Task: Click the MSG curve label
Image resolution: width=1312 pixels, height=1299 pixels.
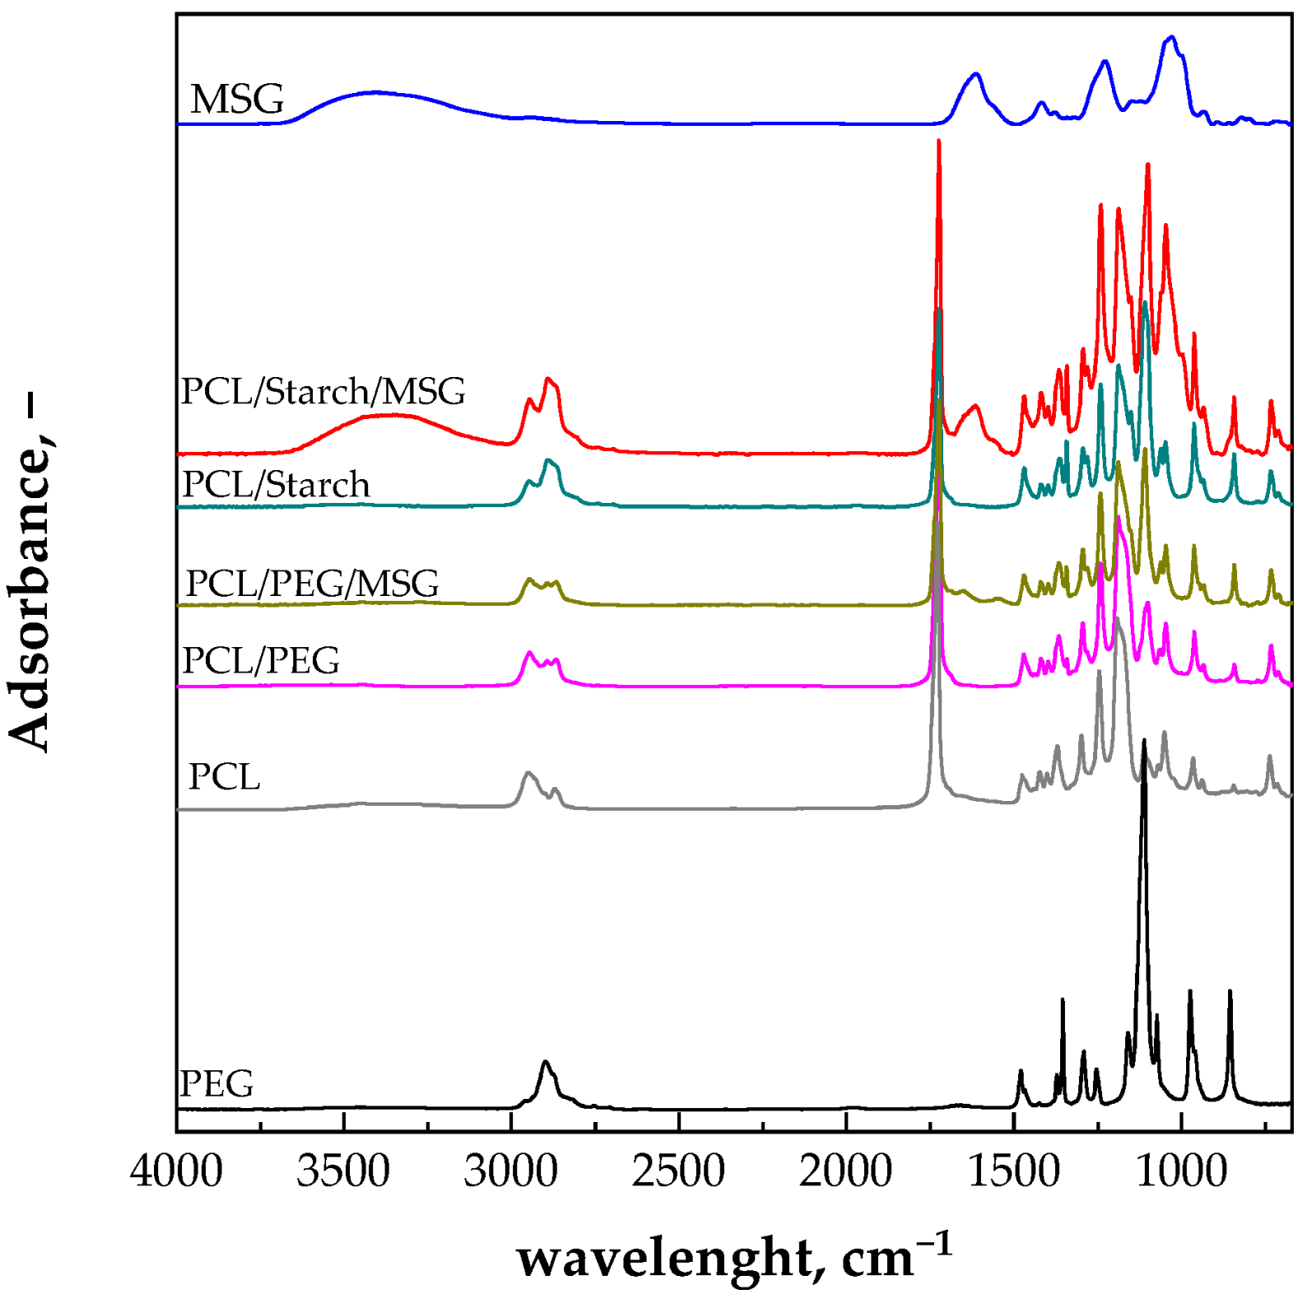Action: tap(237, 100)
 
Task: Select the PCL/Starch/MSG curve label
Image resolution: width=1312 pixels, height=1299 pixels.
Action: tap(323, 392)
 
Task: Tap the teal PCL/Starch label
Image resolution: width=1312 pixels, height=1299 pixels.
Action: tap(276, 485)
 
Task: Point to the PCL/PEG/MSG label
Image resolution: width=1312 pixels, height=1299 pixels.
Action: tap(312, 584)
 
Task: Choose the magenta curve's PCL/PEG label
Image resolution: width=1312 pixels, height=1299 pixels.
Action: tap(260, 660)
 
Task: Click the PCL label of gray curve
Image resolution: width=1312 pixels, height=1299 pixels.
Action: tap(224, 776)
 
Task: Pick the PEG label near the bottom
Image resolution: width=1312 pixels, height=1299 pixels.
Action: tap(216, 1083)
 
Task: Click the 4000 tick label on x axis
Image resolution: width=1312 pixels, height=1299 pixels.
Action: tap(176, 1170)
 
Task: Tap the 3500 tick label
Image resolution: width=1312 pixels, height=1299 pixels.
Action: tap(343, 1170)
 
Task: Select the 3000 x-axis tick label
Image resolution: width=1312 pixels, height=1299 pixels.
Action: tap(511, 1170)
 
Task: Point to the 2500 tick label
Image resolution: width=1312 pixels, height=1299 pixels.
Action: tap(678, 1170)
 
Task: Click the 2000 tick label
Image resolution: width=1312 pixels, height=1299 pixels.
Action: tap(845, 1170)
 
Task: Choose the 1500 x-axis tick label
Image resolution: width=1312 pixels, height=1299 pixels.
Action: tap(1013, 1170)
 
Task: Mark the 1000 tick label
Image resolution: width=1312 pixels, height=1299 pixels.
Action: tap(1181, 1170)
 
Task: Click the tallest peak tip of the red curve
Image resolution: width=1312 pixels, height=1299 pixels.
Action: tap(938, 142)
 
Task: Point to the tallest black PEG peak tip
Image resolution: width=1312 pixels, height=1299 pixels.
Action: tap(1143, 741)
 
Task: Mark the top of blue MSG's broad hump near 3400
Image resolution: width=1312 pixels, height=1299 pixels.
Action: tap(375, 91)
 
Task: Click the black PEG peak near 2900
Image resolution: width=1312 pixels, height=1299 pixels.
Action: tap(545, 1062)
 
